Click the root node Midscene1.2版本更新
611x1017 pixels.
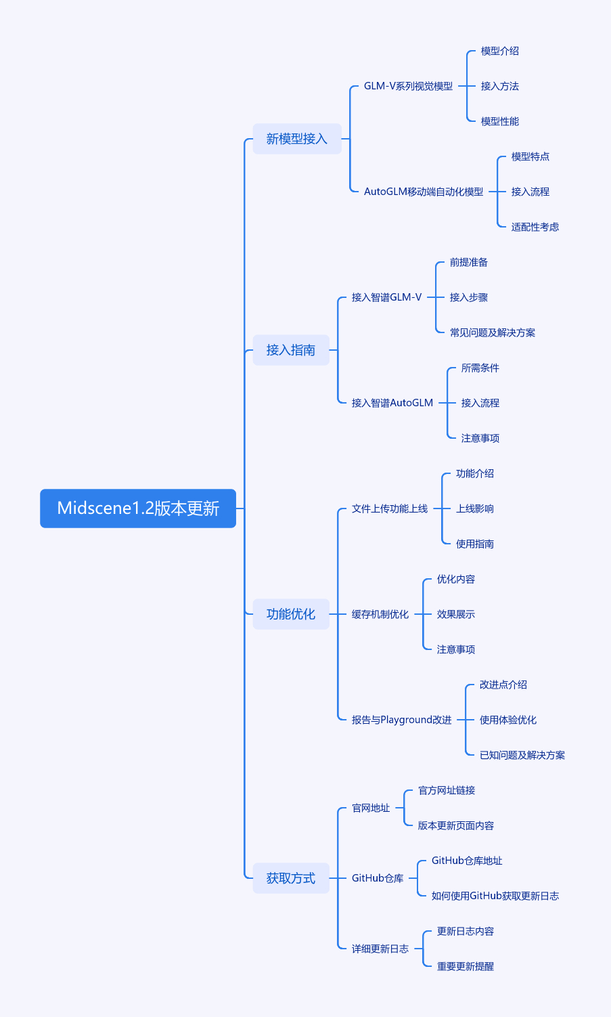[x=138, y=508]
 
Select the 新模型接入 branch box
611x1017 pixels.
[x=296, y=139]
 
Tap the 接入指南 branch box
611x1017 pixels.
[x=290, y=350]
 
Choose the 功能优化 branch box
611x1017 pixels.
[x=290, y=614]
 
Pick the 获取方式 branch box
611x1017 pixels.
[x=290, y=878]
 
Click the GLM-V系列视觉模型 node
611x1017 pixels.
[x=408, y=86]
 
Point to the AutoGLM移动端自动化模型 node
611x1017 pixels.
[x=424, y=192]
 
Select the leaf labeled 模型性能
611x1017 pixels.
[x=500, y=121]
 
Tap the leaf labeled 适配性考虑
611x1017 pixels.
[x=535, y=227]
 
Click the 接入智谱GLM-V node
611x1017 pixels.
[x=386, y=297]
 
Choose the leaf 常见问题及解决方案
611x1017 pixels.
[x=493, y=332]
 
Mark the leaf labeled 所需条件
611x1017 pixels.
[x=480, y=368]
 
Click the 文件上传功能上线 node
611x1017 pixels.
[x=390, y=508]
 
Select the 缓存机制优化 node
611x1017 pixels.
[x=380, y=614]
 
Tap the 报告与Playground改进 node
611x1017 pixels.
[x=401, y=720]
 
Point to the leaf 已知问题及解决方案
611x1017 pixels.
[x=522, y=755]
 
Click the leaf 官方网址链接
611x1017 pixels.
[x=447, y=790]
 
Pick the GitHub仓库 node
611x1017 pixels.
[x=378, y=878]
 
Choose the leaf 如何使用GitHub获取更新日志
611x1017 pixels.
[x=495, y=896]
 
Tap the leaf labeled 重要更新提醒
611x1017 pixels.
[x=466, y=966]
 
